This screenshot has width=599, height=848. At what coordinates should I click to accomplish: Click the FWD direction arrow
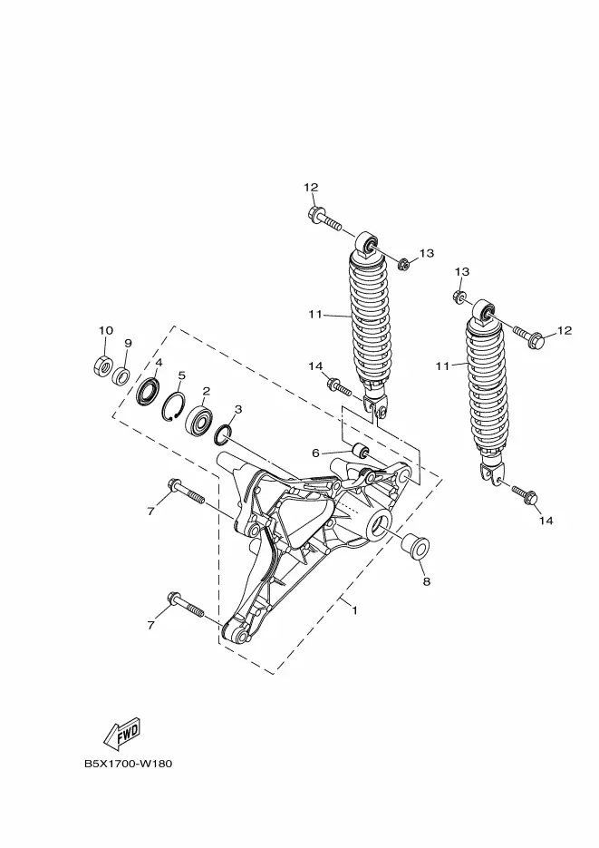click(x=122, y=732)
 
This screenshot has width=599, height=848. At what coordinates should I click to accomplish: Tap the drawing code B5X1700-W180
click(x=128, y=765)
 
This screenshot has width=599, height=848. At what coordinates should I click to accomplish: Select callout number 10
click(x=106, y=330)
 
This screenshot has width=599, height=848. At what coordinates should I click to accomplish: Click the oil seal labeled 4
click(x=148, y=392)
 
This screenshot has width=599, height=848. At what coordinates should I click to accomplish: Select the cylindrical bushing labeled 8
click(x=415, y=547)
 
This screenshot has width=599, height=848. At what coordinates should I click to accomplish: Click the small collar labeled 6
click(x=361, y=450)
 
